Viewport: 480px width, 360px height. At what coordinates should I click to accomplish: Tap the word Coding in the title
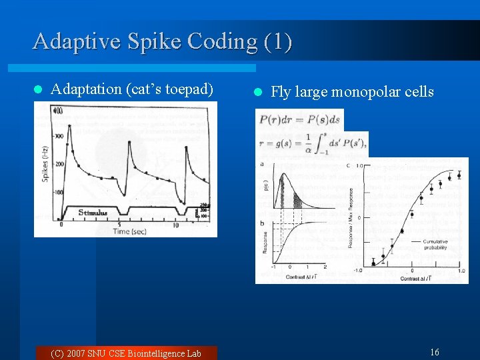221,41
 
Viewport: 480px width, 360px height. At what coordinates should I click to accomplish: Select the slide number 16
435,352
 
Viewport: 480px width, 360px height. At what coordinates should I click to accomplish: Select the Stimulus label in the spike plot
93,213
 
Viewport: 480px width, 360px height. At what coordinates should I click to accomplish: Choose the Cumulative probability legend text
433,244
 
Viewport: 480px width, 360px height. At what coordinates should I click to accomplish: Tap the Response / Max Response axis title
351,217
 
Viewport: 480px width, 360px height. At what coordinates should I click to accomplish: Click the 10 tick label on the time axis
175,225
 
